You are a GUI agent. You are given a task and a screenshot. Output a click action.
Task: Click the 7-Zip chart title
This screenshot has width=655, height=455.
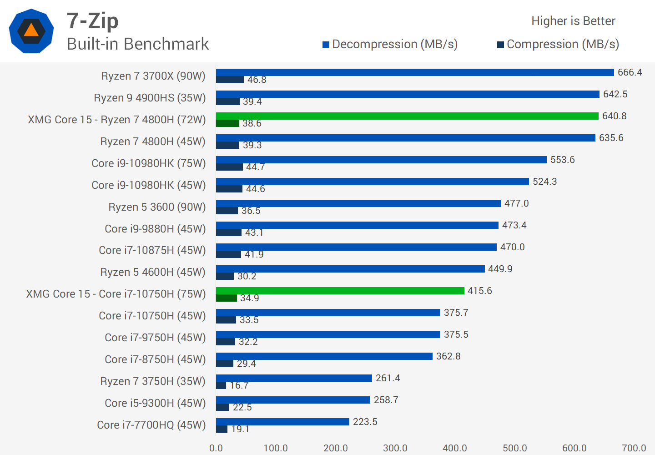point(92,21)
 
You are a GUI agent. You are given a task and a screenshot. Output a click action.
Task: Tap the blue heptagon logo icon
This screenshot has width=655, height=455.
point(31,31)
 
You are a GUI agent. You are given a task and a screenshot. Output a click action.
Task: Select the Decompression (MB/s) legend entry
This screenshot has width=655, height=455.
point(390,44)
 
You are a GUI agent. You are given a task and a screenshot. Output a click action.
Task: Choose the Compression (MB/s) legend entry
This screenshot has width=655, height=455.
point(558,44)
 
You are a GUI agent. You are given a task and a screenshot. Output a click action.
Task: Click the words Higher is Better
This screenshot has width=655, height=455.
point(573,21)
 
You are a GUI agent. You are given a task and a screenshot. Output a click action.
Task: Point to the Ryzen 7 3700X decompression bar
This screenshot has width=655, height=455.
point(415,72)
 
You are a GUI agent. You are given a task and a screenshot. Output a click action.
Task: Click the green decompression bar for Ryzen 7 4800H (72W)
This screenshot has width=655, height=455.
point(407,116)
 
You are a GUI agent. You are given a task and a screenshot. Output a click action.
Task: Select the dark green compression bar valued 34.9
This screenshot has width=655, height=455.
point(227,298)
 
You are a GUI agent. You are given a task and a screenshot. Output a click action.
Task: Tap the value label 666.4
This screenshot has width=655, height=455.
point(630,72)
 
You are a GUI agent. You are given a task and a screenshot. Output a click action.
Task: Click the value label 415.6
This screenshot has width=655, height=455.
point(479,291)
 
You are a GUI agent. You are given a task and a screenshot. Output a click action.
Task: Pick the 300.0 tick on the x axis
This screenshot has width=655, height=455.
point(395,448)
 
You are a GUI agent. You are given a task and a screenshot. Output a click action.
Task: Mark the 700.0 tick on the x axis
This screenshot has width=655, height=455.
point(634,448)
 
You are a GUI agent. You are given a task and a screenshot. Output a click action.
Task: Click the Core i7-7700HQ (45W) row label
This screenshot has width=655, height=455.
point(151,425)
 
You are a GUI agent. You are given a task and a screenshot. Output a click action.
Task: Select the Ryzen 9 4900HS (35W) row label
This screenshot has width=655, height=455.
point(150,98)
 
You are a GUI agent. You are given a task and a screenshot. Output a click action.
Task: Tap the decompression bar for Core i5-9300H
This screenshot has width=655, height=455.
point(293,400)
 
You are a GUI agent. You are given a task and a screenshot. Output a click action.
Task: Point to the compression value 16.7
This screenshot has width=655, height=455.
point(239,385)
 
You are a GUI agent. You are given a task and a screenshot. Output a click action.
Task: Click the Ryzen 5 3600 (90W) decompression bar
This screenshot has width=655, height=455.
point(358,203)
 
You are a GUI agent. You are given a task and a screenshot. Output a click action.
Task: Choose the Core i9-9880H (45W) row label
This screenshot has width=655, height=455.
point(155,229)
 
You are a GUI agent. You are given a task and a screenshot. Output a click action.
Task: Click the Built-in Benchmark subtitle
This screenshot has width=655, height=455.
point(137,44)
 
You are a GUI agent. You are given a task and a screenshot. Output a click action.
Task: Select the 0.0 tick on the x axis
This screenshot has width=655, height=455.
point(216,448)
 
